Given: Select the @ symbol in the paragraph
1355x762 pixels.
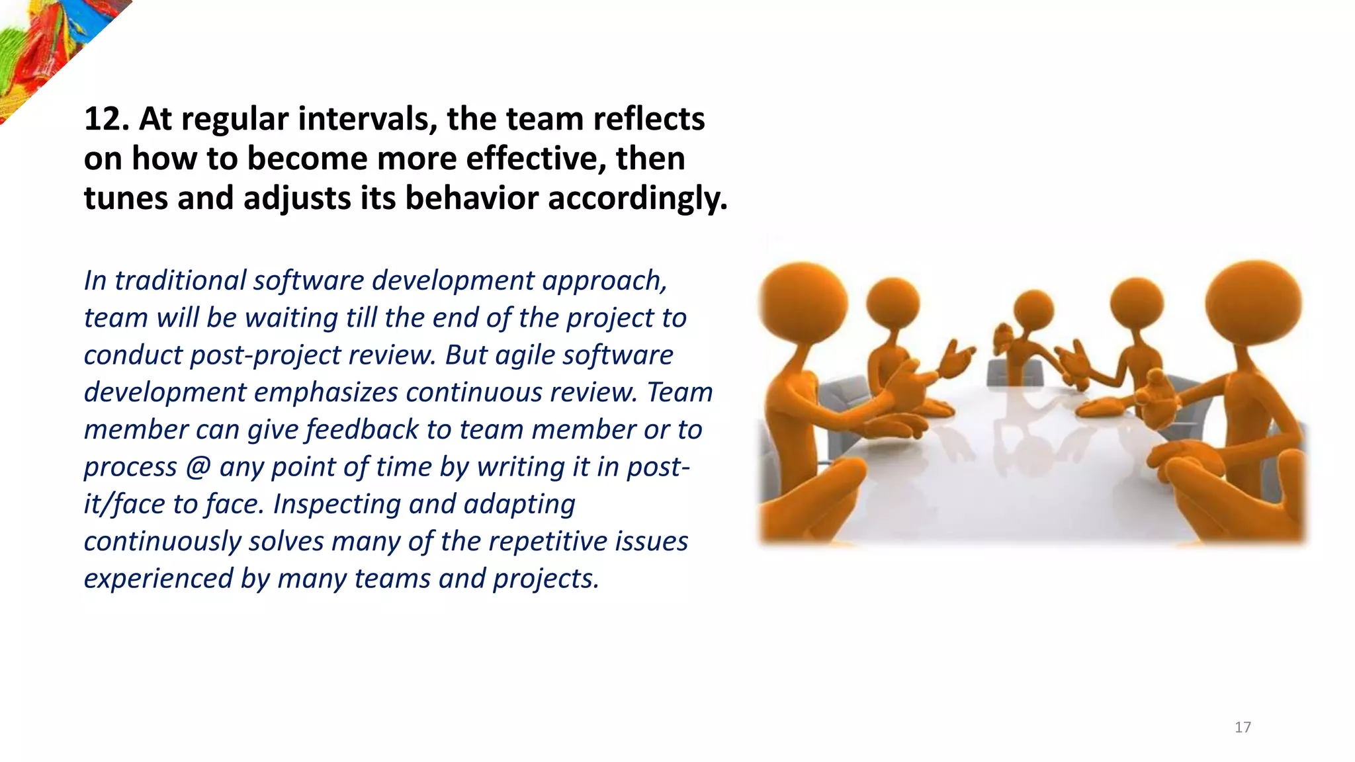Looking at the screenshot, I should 198,467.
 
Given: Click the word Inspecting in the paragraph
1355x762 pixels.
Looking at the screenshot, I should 337,505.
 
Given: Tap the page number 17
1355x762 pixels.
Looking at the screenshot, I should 1243,728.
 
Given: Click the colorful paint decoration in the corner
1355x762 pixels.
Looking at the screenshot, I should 46,46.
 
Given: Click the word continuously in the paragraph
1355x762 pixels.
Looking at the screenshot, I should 162,542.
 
